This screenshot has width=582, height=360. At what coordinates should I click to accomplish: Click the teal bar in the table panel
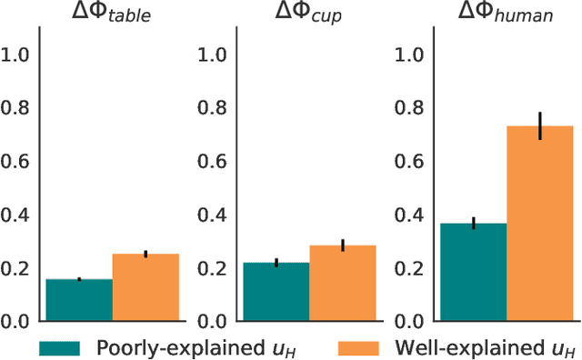click(x=79, y=300)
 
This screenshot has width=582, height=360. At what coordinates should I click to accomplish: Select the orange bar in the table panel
click(x=145, y=287)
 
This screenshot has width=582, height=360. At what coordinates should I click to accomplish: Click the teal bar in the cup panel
click(x=276, y=292)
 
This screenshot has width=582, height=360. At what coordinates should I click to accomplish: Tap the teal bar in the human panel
click(x=473, y=272)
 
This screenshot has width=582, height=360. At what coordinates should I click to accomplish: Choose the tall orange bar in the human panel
click(x=539, y=224)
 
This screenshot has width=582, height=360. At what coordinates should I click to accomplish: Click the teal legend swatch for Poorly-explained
click(x=60, y=348)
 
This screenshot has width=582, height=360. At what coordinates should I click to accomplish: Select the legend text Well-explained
click(x=487, y=348)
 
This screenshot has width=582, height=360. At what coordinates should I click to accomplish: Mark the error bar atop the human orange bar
click(x=539, y=126)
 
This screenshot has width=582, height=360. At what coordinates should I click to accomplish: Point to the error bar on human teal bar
click(x=473, y=224)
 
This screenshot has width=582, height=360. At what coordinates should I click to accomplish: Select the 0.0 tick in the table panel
click(x=20, y=322)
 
